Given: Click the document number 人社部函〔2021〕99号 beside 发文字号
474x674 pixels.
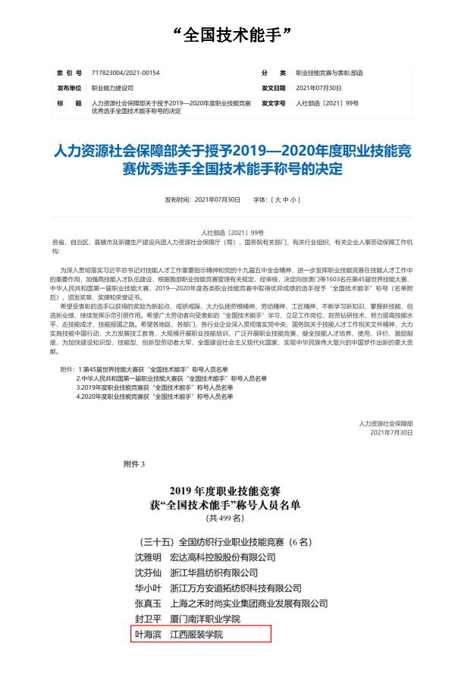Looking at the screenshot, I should coord(326,102).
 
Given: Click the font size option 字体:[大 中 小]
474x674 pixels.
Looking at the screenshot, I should coord(277,200).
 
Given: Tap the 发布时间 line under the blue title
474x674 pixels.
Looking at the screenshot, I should coord(202,200).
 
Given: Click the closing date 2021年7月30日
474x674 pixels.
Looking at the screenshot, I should coord(391,432).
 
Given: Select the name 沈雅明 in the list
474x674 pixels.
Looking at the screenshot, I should coord(147,557).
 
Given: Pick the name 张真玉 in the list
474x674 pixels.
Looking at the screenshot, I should coord(147,603).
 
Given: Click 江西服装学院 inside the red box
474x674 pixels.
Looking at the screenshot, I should coord(196,634).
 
